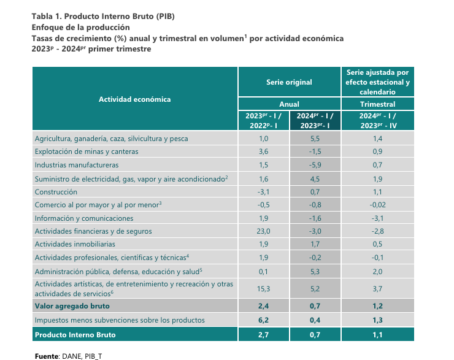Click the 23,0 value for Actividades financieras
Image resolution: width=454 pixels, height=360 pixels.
point(263,231)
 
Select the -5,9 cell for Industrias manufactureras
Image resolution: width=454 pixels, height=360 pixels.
point(315,165)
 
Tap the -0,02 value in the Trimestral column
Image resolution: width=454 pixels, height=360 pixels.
point(377,205)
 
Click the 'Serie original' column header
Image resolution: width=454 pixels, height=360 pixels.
point(289,82)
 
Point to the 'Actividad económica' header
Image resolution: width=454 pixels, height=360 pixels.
point(134,99)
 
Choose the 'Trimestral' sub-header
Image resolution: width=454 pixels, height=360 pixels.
point(377,104)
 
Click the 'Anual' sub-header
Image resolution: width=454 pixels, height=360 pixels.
point(289,104)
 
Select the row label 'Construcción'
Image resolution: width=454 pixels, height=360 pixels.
point(56,192)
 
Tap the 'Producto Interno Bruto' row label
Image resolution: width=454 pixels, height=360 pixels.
point(75,335)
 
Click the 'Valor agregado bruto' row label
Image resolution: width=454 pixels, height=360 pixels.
point(72,306)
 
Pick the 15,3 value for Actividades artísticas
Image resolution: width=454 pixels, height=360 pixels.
point(263,289)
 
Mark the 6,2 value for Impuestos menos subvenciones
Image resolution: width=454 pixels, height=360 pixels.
point(263,320)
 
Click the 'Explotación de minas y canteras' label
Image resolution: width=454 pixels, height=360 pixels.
point(87,151)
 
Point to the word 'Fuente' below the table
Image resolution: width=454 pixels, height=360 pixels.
point(47,356)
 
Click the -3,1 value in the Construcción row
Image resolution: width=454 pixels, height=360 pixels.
point(263,192)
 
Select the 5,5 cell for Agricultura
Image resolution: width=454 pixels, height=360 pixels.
point(315,139)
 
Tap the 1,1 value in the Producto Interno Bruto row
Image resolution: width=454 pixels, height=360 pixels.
point(377,335)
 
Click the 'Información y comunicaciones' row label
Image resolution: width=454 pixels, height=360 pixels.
point(84,218)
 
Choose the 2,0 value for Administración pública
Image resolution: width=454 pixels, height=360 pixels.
point(377,272)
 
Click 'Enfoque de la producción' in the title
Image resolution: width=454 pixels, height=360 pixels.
point(81,28)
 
